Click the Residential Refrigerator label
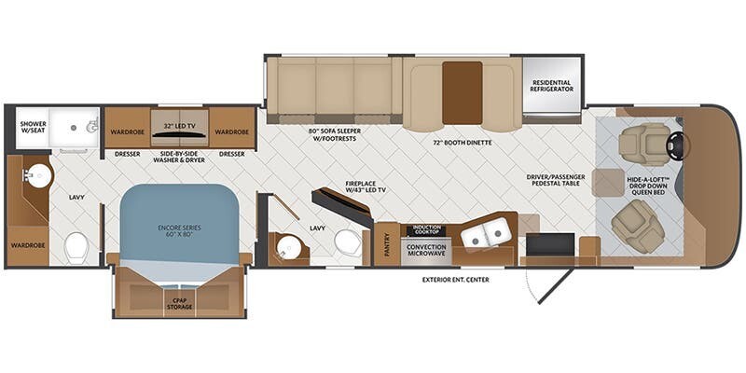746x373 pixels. point(552,86)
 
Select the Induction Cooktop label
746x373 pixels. point(426,230)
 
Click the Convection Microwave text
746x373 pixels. point(427,250)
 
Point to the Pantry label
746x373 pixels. point(387,244)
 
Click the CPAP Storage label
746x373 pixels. point(179,303)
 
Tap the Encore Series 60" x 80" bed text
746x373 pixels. point(179,230)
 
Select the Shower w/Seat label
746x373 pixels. point(34,127)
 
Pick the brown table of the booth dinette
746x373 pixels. point(462,92)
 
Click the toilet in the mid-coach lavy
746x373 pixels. point(348,242)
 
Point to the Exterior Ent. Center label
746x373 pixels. point(455,280)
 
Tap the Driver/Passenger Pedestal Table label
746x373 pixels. point(555,180)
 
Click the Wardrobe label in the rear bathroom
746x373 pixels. point(28,245)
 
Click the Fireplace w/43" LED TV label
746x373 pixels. point(366,186)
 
